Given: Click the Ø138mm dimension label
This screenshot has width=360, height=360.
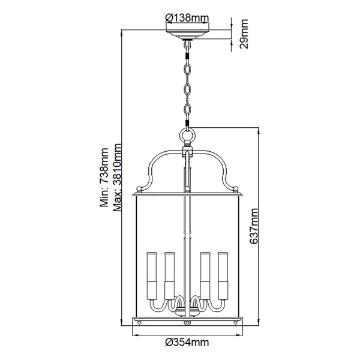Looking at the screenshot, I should click(x=187, y=17).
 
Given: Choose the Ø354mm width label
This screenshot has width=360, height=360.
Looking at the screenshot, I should click(x=187, y=343).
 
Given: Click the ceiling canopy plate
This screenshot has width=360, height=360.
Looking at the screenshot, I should click(x=188, y=34).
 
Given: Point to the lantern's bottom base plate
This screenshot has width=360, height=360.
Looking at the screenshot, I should click(x=188, y=322).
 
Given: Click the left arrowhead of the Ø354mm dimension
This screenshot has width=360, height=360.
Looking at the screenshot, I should click(x=136, y=332).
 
